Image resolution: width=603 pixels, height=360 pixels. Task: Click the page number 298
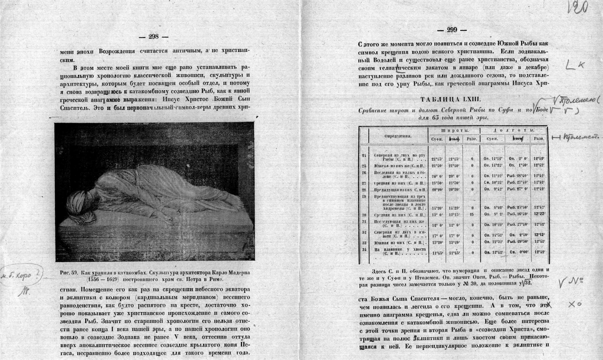[153, 36]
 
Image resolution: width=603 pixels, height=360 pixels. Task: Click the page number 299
[452, 30]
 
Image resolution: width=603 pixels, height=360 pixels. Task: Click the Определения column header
[398, 136]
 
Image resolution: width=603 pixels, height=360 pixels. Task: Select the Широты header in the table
[453, 131]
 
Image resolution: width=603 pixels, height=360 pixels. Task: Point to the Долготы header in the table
[514, 131]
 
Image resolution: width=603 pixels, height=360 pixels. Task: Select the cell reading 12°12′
[539, 234]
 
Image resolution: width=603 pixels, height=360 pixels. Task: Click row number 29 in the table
[364, 196]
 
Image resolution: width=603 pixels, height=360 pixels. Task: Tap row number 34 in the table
[364, 250]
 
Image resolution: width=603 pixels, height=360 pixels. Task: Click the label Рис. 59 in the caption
[68, 273]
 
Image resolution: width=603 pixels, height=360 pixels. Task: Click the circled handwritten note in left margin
[21, 275]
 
